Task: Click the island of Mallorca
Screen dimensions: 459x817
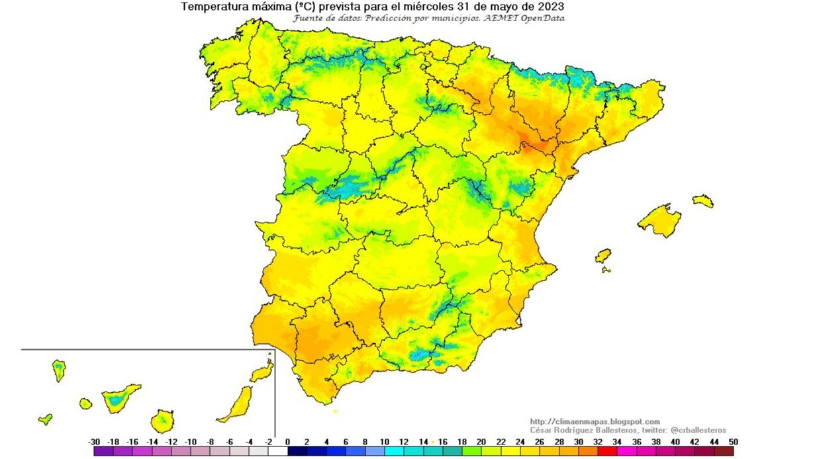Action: (659, 220)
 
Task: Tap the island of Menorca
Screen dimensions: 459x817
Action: (703, 200)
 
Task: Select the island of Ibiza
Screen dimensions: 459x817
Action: (602, 256)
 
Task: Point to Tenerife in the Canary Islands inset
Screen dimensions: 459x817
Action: (119, 397)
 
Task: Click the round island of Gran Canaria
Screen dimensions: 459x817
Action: (162, 420)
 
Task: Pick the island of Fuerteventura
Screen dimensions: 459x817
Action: (237, 403)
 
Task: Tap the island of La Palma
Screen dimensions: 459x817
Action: (59, 370)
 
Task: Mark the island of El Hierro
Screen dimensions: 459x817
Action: (45, 419)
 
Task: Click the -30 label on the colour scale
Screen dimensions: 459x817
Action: (94, 442)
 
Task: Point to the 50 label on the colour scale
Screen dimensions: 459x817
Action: (732, 442)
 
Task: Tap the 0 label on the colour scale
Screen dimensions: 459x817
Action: (287, 442)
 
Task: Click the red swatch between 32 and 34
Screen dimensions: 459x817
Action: (607, 451)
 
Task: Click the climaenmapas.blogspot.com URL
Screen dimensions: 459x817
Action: (595, 421)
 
